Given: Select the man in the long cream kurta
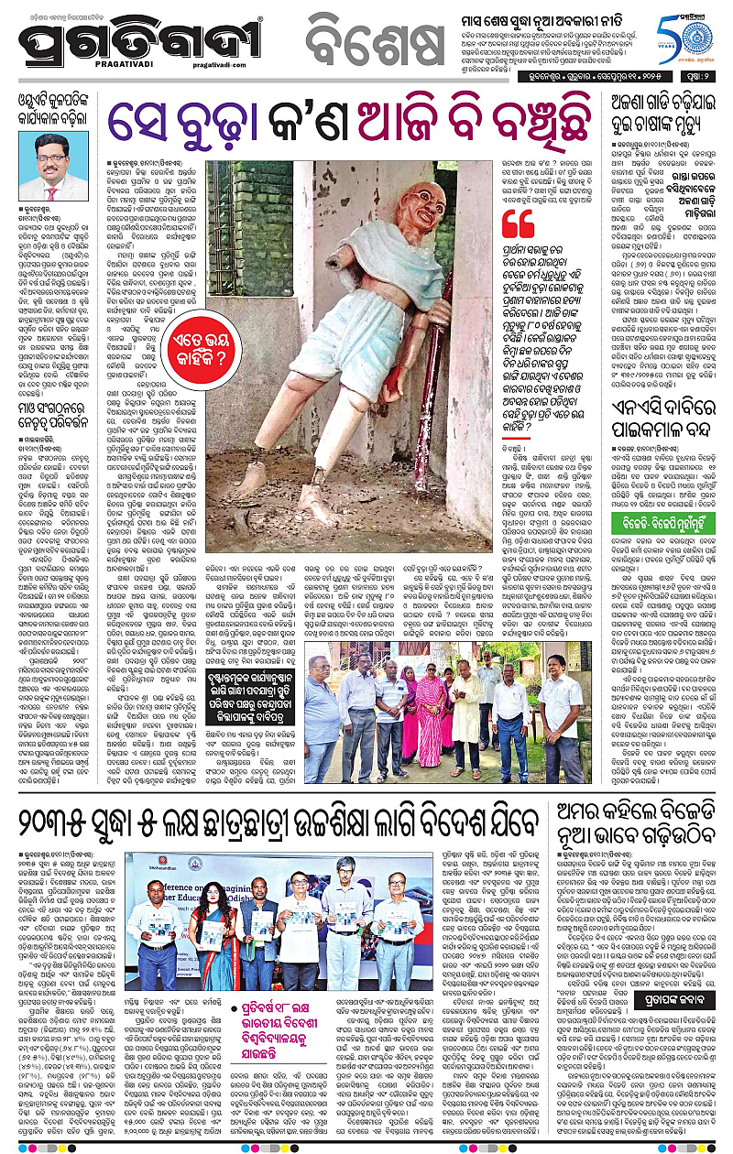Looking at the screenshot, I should pyautogui.click(x=466, y=720).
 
